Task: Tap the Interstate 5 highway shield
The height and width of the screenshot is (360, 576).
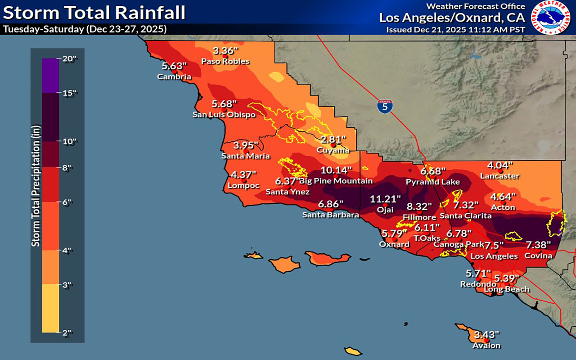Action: click(x=385, y=106)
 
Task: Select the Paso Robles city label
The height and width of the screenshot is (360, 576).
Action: click(x=225, y=61)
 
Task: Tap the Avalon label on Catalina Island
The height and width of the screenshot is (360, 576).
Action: click(x=486, y=346)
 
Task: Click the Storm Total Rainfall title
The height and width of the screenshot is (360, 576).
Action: click(x=94, y=13)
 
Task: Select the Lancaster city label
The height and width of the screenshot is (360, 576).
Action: click(x=499, y=176)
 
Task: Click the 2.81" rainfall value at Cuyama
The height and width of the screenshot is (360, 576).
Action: click(x=333, y=139)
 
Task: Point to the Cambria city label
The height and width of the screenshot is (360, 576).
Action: click(x=174, y=76)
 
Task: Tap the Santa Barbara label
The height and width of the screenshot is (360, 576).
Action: click(x=331, y=215)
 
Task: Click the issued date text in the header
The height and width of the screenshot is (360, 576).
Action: click(x=455, y=30)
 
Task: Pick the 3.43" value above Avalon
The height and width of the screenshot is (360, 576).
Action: click(x=487, y=335)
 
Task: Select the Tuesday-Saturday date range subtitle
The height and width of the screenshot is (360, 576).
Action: click(x=85, y=29)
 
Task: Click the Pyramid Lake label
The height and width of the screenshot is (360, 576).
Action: click(x=433, y=182)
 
